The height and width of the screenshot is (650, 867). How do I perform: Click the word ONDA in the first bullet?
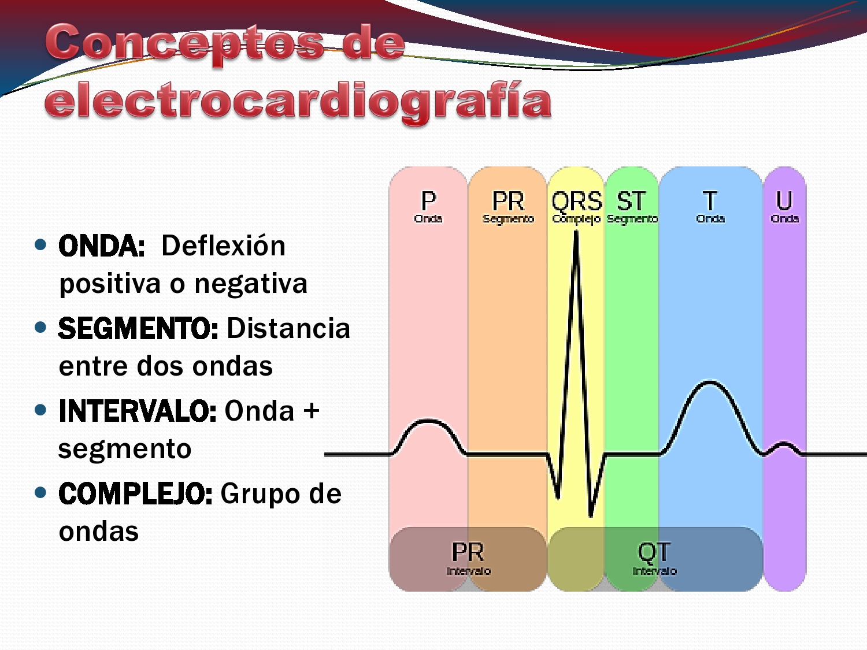click(x=101, y=246)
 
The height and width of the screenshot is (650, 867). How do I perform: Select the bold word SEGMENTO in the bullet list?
click(x=138, y=329)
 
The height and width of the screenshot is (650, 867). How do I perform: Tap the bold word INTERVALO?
click(x=138, y=411)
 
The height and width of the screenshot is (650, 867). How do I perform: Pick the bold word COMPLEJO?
click(x=135, y=494)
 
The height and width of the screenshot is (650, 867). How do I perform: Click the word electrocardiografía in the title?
click(x=298, y=102)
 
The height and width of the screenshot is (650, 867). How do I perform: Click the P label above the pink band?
click(x=428, y=202)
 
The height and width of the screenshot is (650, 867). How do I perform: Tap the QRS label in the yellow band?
click(x=576, y=202)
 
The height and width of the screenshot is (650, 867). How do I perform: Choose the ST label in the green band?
click(x=631, y=202)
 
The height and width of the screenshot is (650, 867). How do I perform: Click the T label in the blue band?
click(x=710, y=202)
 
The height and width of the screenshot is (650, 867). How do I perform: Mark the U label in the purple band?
click(x=784, y=201)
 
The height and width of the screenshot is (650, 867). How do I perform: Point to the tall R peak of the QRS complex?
click(x=576, y=234)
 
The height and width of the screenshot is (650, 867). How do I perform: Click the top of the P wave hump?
click(x=428, y=421)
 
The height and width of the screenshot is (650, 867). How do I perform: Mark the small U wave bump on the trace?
click(x=784, y=444)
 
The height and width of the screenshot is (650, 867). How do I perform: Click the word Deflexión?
click(x=224, y=246)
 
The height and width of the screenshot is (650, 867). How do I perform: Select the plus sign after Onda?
click(x=312, y=411)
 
